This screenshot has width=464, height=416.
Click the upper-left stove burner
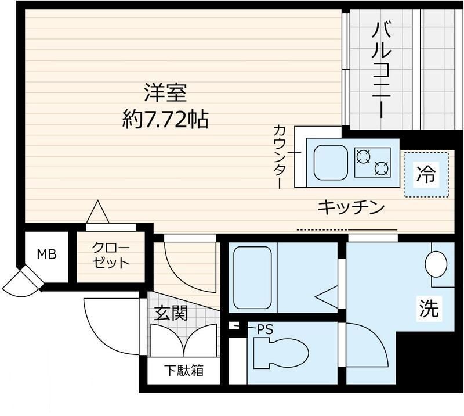364,155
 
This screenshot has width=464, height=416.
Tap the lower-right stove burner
381,169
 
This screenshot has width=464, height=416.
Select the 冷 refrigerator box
426,174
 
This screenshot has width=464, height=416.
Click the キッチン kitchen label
351,207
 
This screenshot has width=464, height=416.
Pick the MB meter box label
46,254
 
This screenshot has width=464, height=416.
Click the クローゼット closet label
110,256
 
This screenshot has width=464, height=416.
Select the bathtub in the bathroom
251,278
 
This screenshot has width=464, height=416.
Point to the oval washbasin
436,265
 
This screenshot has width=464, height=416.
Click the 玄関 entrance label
171,314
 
